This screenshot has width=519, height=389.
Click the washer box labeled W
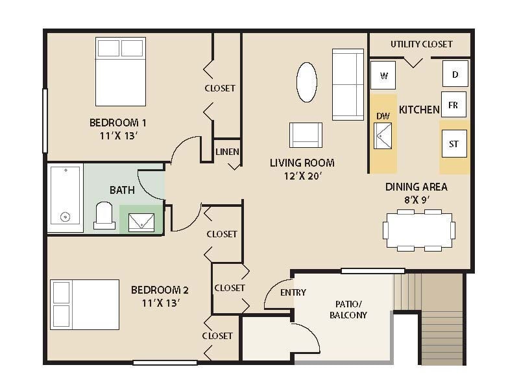pyautogui.click(x=383, y=76)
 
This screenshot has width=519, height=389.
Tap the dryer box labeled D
pyautogui.click(x=455, y=74)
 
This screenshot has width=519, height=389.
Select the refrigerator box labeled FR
pyautogui.click(x=453, y=105)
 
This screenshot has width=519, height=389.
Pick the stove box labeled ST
pyautogui.click(x=453, y=143)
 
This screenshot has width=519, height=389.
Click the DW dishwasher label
pyautogui.click(x=383, y=116)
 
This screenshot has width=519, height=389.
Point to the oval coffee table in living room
pyautogui.click(x=307, y=82)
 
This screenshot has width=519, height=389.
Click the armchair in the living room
pyautogui.click(x=306, y=135)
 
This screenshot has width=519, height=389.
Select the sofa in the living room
pyautogui.click(x=348, y=84)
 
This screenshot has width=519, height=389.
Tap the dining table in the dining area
pyautogui.click(x=418, y=230)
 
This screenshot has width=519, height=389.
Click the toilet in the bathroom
pyautogui.click(x=104, y=217)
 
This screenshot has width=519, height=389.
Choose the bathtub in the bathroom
pyautogui.click(x=66, y=197)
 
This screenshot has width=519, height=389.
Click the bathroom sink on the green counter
pyautogui.click(x=141, y=221)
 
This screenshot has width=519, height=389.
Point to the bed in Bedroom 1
pyautogui.click(x=121, y=71)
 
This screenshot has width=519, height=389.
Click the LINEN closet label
pyautogui.click(x=227, y=152)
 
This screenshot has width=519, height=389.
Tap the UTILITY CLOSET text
pyautogui.click(x=421, y=44)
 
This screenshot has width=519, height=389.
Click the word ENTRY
pyautogui.click(x=293, y=292)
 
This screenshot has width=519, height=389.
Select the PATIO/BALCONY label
pyautogui.click(x=351, y=309)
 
